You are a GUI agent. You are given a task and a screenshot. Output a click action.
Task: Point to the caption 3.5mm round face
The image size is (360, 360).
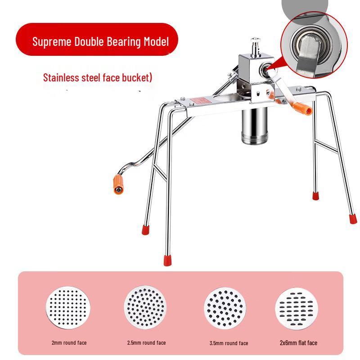coord(229,343)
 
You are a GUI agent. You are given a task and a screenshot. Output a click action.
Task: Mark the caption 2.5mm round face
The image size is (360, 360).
coord(146,343)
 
